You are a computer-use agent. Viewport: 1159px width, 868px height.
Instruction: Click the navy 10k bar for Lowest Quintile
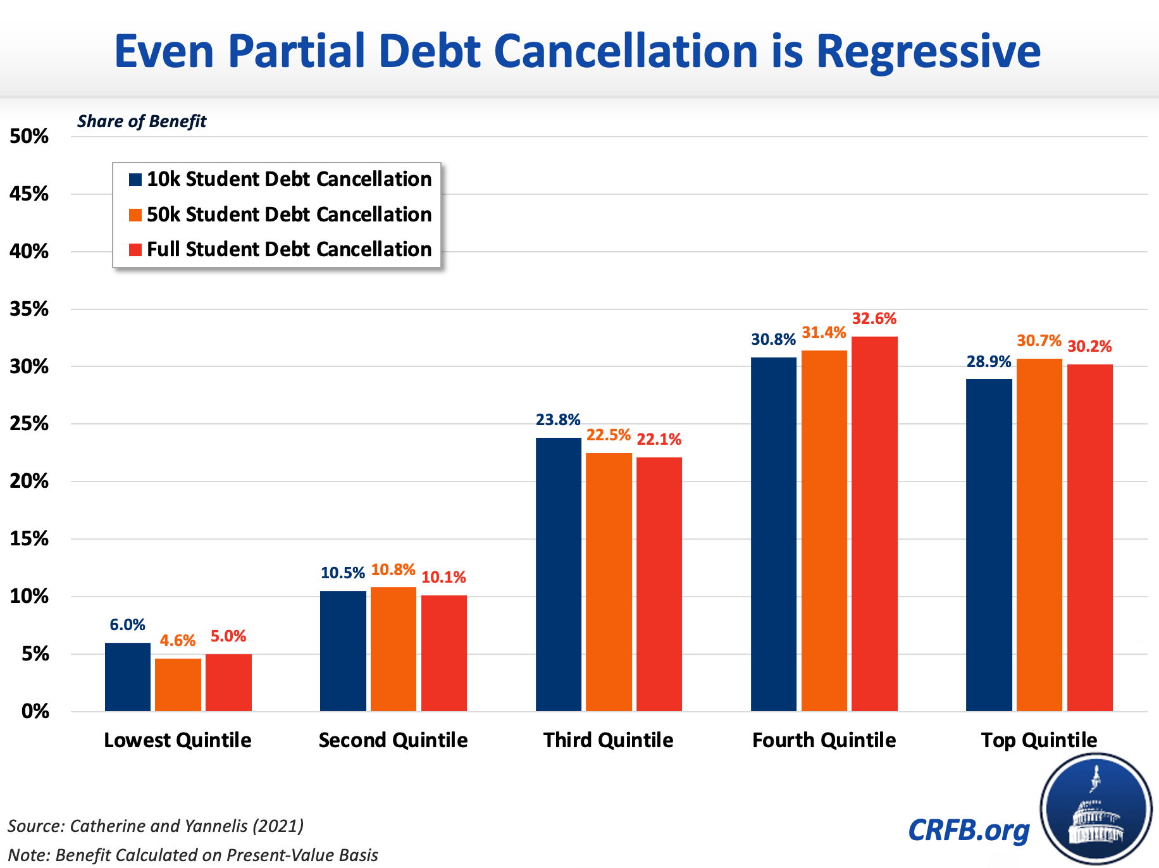128,677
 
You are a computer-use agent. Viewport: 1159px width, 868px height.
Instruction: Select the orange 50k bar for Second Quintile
394,649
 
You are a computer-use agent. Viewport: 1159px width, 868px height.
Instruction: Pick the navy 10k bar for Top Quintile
989,545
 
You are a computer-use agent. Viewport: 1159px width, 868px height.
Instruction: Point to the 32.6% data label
874,319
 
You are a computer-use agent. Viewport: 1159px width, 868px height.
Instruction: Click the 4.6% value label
178,641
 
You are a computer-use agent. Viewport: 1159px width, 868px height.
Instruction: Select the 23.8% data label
558,420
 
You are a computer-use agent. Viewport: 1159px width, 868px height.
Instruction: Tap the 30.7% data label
1039,341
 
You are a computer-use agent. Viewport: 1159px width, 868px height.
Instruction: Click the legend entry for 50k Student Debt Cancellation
289,214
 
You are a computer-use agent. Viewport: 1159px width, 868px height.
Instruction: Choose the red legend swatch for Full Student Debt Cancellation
135,250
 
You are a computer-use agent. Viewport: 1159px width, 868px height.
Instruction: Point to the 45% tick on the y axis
29,194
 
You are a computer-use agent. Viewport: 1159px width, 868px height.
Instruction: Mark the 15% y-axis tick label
29,539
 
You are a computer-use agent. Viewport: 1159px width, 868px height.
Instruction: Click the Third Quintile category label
608,740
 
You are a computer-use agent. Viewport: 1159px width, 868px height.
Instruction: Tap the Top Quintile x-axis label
1039,740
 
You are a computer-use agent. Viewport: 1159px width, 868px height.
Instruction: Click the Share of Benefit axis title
142,121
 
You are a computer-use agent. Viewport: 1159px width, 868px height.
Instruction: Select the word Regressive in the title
928,52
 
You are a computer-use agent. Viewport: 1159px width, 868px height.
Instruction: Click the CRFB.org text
969,830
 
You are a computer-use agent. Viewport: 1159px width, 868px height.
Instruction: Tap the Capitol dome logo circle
1096,810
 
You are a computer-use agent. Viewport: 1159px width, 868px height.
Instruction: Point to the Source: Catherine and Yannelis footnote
156,826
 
